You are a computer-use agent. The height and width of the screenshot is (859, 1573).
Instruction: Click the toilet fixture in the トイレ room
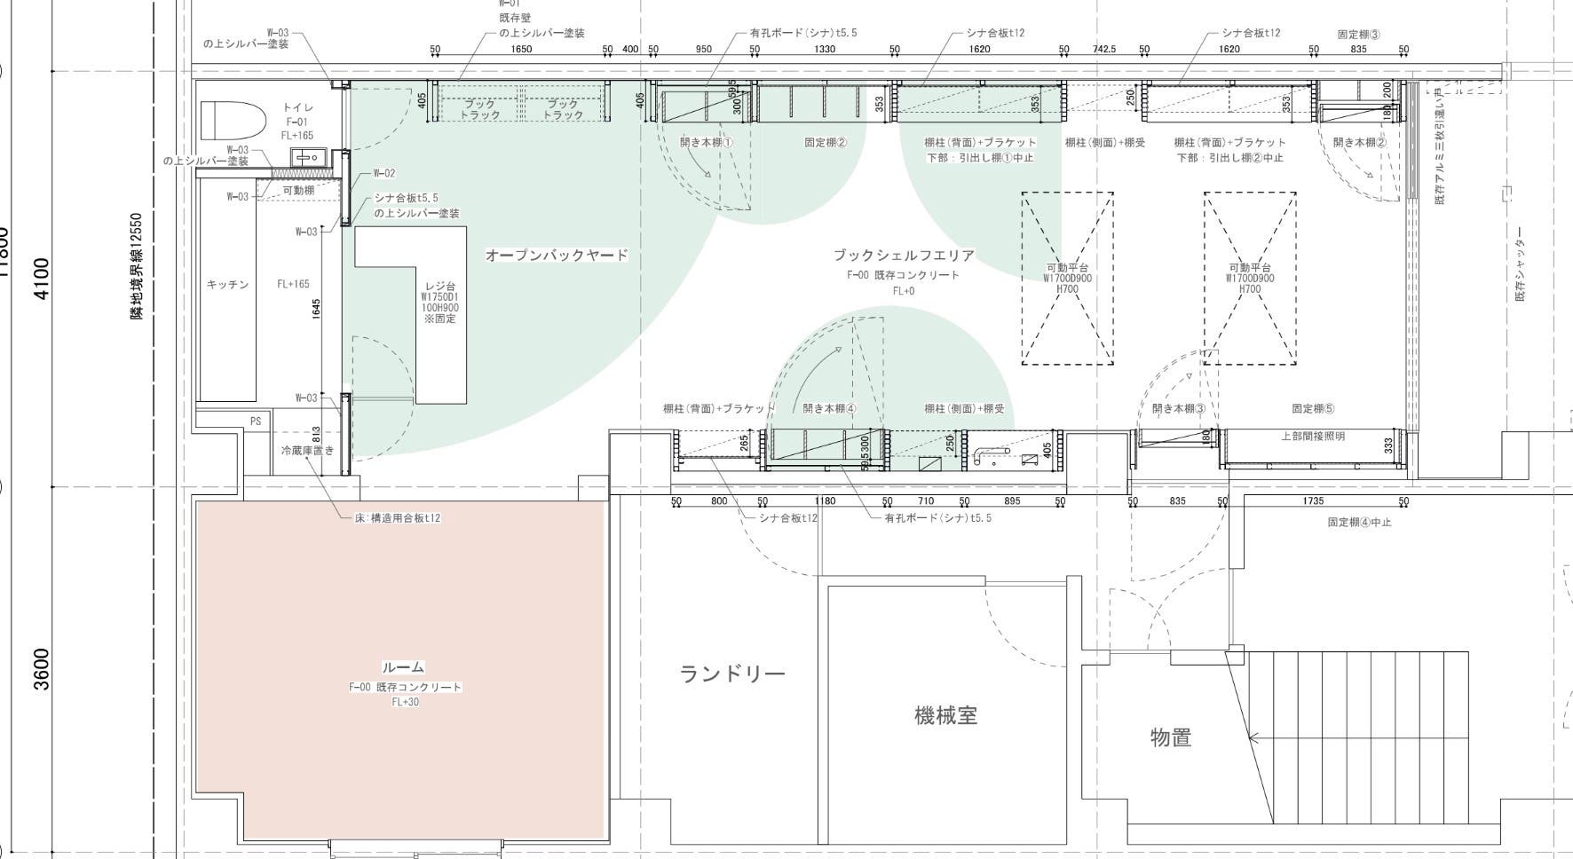pyautogui.click(x=233, y=121)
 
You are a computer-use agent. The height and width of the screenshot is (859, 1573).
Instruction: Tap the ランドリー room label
pyautogui.click(x=732, y=674)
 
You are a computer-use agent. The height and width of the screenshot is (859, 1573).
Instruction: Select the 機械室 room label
pyautogui.click(x=945, y=715)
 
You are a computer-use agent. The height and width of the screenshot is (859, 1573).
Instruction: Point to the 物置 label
pyautogui.click(x=1170, y=737)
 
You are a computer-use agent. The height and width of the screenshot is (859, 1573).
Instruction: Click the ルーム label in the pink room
pyautogui.click(x=403, y=667)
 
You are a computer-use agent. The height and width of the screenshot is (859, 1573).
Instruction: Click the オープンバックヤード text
pyautogui.click(x=557, y=256)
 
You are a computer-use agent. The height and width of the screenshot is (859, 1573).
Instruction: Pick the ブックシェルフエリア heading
pyautogui.click(x=903, y=256)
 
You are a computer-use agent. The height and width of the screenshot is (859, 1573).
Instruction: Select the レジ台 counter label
pyautogui.click(x=440, y=288)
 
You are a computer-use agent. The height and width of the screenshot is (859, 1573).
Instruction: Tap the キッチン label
pyautogui.click(x=227, y=285)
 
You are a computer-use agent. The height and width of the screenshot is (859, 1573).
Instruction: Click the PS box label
pyautogui.click(x=256, y=422)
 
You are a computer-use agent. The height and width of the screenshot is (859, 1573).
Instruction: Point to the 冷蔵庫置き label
pyautogui.click(x=307, y=451)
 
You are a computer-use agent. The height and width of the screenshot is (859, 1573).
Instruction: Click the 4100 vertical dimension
pyautogui.click(x=42, y=278)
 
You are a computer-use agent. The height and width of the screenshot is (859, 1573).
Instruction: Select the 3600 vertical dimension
pyautogui.click(x=42, y=667)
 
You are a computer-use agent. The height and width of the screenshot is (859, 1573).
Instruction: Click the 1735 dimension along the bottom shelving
pyautogui.click(x=1313, y=501)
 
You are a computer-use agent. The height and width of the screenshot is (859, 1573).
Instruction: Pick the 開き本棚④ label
pyautogui.click(x=829, y=409)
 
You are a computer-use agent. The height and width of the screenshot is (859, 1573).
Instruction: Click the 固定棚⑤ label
pyautogui.click(x=1313, y=409)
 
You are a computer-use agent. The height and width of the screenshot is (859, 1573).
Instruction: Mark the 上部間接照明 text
pyautogui.click(x=1313, y=437)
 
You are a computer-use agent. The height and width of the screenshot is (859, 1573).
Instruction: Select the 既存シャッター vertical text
pyautogui.click(x=1519, y=264)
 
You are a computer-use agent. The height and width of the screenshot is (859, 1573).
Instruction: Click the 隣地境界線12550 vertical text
pyautogui.click(x=138, y=265)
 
